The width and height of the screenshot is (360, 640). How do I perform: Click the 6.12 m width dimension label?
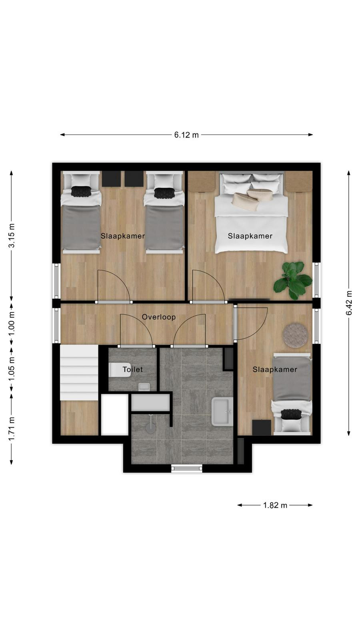[x=186, y=135]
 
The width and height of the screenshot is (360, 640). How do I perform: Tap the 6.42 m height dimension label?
[x=348, y=303]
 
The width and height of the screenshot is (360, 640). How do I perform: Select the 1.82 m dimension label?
[x=275, y=505]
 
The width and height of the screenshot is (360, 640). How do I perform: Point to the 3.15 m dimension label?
[x=12, y=236]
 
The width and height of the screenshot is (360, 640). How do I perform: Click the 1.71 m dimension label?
[x=12, y=428]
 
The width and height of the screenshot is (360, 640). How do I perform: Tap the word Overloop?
[x=158, y=317]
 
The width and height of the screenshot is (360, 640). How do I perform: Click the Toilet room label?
[x=132, y=370]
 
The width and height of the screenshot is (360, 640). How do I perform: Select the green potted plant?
[x=292, y=280]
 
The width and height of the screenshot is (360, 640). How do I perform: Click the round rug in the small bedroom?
[x=296, y=335]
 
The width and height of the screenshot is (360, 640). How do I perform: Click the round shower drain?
[x=150, y=428]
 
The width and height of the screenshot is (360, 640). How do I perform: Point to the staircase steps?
[x=79, y=372]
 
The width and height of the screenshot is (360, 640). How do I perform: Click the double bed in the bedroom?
[x=251, y=212]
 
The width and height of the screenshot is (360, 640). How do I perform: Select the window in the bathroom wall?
[x=186, y=468]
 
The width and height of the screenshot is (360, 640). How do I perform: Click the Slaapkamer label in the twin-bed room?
[x=122, y=236]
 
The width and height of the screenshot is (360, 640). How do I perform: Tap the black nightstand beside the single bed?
[x=262, y=428]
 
